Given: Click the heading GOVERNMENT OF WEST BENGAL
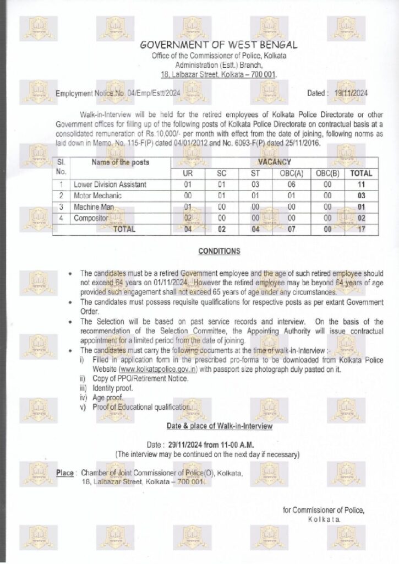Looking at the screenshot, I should pos(218,45).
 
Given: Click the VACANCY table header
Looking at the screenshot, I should pos(275,162).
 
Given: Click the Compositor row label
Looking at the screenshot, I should pos(92,218).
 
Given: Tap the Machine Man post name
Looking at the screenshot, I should pos(96,207).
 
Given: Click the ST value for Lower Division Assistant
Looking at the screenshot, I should pos(255,185).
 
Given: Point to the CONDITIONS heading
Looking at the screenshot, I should pos(219,252).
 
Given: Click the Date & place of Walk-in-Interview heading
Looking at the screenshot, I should pos(219,426).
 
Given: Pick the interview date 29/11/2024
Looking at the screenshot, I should pos(189,444).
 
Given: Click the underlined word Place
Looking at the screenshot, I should pos(65,473).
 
